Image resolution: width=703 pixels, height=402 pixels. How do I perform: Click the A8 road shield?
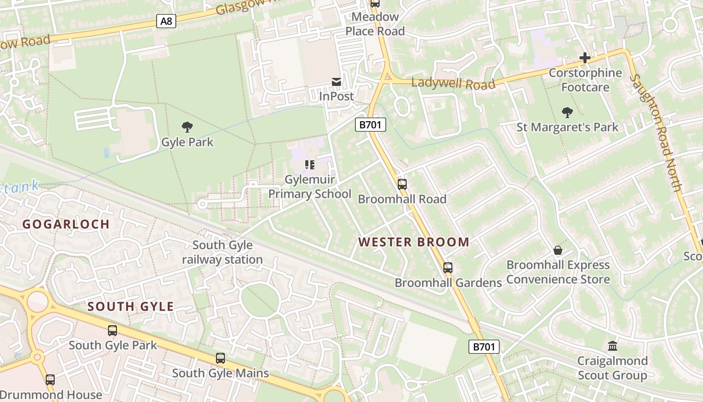166,21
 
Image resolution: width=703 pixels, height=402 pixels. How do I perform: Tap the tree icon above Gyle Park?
187,127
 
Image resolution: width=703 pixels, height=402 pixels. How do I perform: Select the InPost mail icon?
336,81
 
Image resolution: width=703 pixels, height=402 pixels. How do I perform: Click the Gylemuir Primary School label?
310,186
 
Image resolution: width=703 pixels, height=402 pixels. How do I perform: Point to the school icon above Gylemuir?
309,164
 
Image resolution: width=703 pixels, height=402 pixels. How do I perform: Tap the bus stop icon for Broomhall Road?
402,184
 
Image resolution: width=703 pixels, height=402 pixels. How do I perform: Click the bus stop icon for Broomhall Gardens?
448,268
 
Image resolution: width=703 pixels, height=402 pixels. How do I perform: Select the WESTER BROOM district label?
414,242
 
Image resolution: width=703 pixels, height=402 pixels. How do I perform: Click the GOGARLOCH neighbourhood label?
66,225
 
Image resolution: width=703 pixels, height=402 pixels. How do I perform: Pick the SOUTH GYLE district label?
131,307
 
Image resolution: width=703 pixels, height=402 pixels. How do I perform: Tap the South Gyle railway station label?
222,252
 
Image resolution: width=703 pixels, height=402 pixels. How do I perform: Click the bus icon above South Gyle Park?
112,331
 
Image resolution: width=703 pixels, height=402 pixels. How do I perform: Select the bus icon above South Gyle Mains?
220,358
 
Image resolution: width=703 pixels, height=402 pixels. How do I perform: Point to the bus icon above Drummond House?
50,380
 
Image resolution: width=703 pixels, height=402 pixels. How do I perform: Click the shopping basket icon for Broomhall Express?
557,250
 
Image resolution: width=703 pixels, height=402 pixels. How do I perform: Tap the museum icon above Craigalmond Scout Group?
612,346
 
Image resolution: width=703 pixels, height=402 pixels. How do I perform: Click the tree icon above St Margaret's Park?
567,113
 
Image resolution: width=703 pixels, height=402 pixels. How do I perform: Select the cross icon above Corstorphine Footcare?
585,58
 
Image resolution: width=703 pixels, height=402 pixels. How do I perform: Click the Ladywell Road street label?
453,83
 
